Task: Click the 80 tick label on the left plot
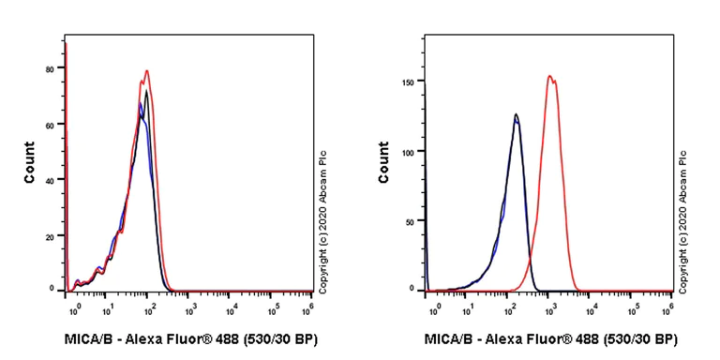[49, 68]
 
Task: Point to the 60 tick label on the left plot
[49, 124]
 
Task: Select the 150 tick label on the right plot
[408, 81]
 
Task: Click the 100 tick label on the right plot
[408, 150]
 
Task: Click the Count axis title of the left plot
[29, 162]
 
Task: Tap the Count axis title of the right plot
[383, 162]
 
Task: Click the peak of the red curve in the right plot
[550, 77]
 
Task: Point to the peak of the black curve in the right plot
[516, 114]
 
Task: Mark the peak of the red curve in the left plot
[147, 70]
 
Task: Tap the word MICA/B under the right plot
[447, 338]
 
